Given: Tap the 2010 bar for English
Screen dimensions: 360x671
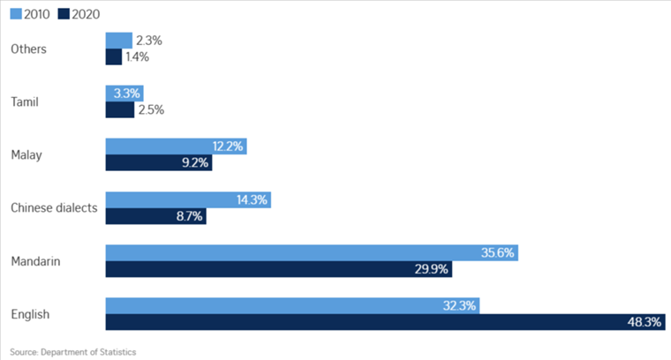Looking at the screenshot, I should [292, 305].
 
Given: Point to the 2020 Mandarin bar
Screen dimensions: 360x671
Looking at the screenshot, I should [279, 269].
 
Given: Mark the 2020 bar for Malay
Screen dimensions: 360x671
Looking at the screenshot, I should [159, 162].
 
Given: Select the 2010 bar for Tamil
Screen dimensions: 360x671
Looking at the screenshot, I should [124, 93].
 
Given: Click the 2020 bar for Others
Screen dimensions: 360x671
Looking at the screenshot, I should [114, 56].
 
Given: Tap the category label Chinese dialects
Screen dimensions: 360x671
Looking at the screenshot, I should [54, 208].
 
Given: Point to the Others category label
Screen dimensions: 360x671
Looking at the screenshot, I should [29, 49].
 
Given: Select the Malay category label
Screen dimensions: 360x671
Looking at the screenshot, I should [26, 155].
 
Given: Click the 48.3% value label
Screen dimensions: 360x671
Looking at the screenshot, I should [645, 322].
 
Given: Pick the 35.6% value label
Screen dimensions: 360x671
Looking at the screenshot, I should [497, 252].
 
